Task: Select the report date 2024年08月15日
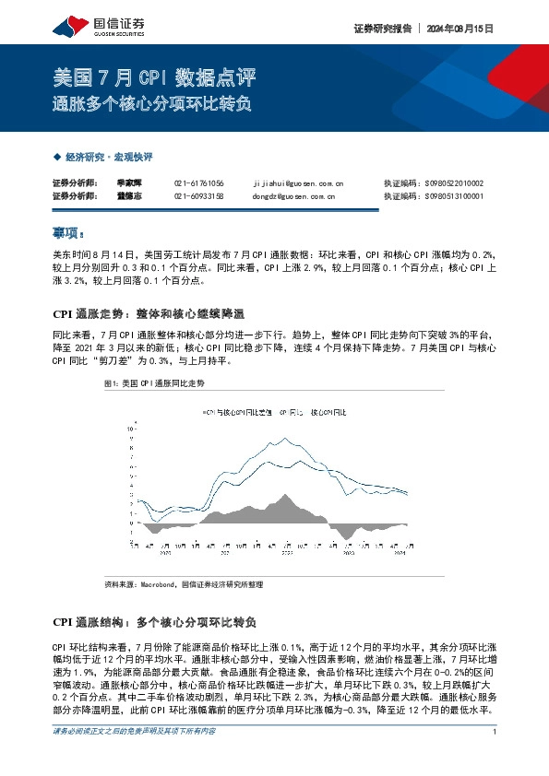(x=459, y=29)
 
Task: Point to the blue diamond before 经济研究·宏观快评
(x=57, y=158)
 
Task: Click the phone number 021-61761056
(x=198, y=184)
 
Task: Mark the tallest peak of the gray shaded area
(x=285, y=498)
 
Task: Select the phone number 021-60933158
(x=198, y=196)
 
